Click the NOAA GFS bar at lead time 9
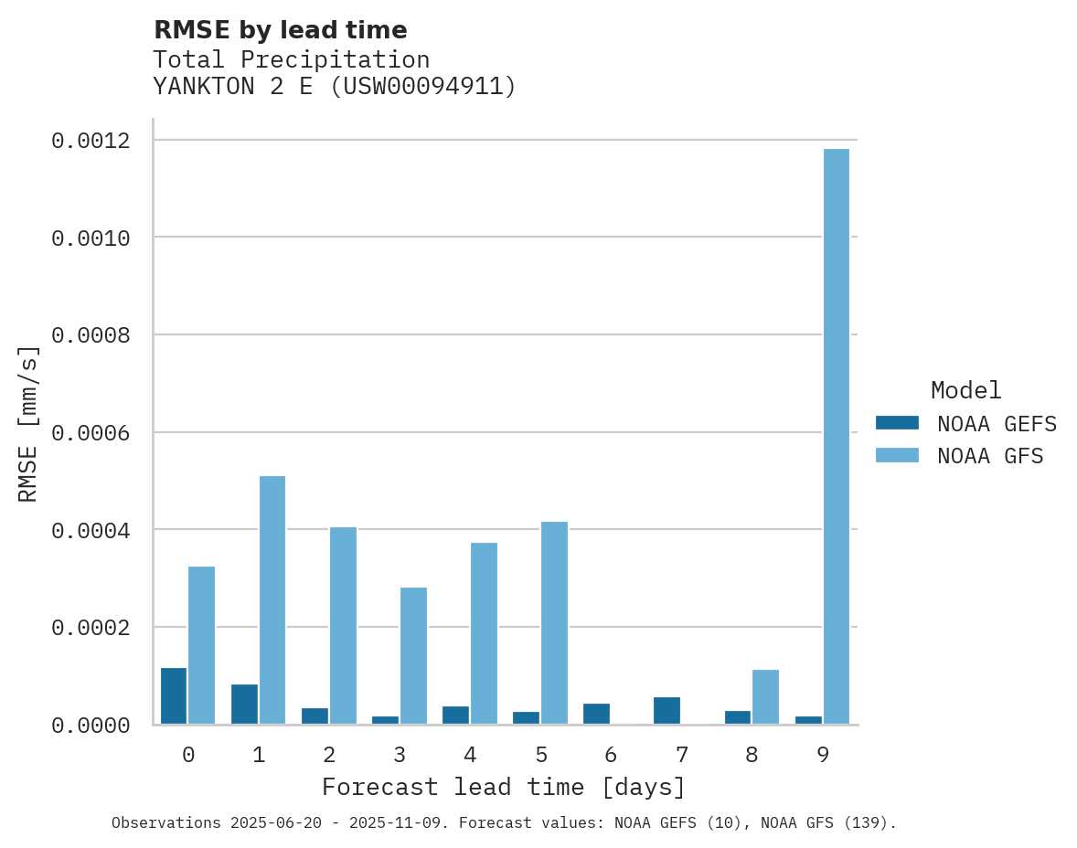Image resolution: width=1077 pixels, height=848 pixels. [836, 436]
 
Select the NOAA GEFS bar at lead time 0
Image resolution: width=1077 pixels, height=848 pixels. [174, 695]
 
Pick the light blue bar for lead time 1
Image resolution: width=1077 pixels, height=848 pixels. [272, 599]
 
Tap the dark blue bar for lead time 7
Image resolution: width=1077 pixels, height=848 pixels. [666, 710]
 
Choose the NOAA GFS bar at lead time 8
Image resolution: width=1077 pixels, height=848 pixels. [765, 696]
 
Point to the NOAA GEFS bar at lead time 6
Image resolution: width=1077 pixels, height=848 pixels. [596, 713]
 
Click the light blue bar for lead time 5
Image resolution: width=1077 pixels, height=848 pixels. [554, 622]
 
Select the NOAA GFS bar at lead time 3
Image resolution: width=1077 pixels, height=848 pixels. [413, 655]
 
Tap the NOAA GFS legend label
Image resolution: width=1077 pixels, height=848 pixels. [989, 455]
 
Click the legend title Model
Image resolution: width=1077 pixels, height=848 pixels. [965, 390]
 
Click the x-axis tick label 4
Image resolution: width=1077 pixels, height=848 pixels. [470, 755]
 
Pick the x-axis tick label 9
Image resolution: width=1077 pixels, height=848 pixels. [823, 755]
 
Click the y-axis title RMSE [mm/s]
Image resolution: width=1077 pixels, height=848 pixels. [28, 423]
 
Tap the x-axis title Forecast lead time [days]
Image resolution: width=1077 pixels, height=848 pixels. [504, 787]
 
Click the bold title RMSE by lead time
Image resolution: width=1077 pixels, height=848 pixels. [280, 30]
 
